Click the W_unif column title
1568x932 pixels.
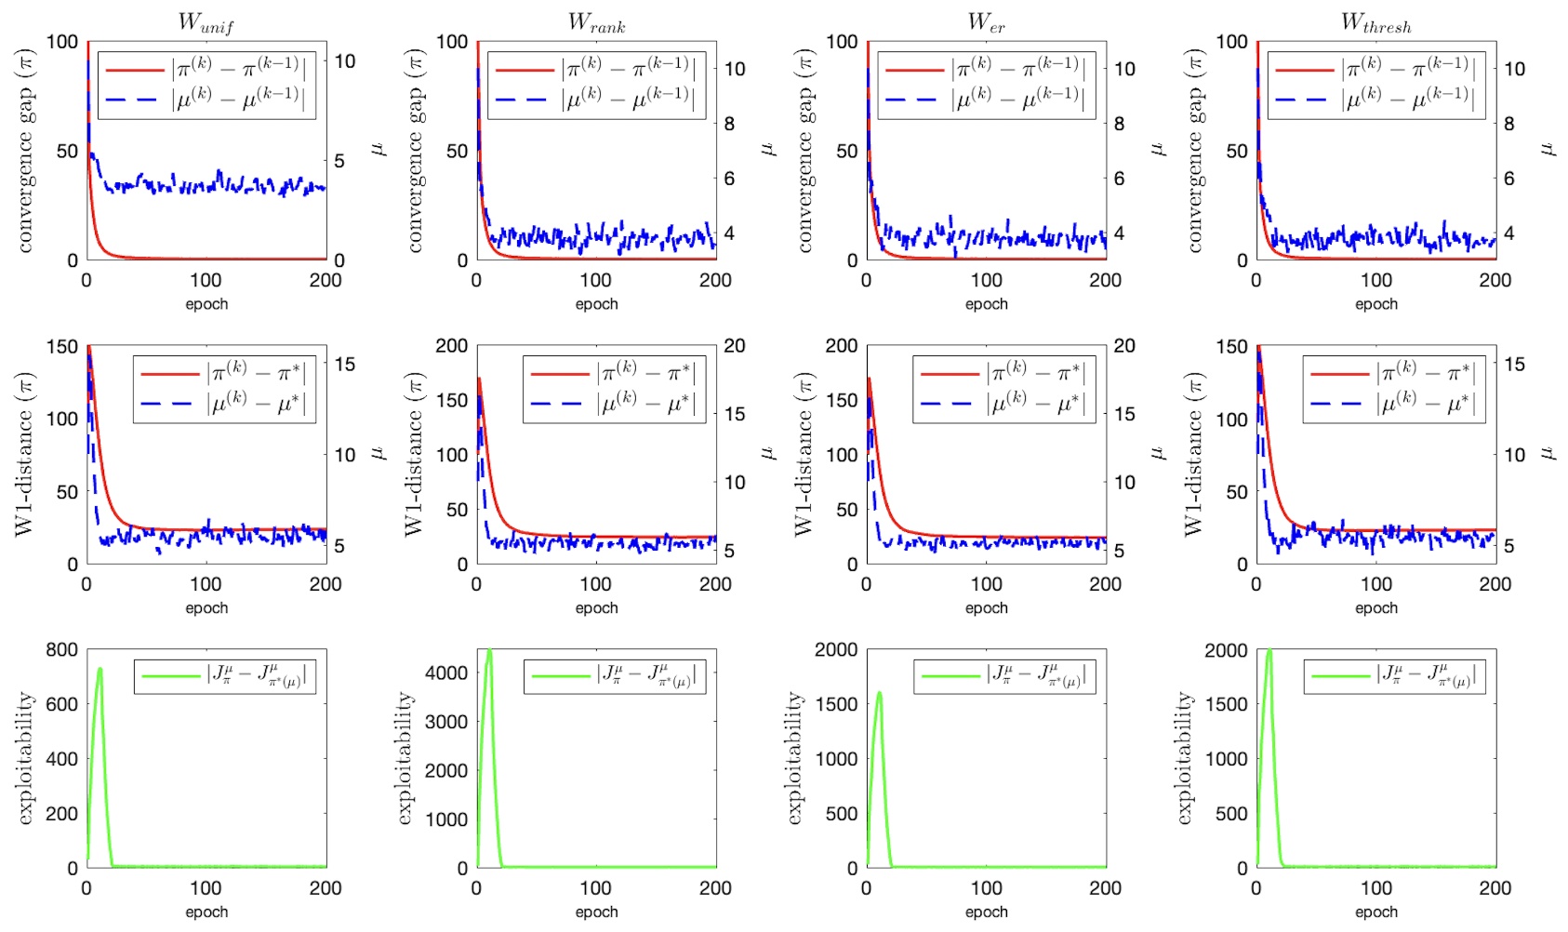[206, 23]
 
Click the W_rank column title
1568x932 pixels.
[596, 23]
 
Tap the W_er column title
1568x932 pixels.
[986, 23]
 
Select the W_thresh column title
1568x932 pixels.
[1375, 23]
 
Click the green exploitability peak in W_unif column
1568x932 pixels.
[100, 669]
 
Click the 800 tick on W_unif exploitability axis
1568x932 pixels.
[61, 649]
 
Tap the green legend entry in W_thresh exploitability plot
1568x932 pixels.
[1339, 676]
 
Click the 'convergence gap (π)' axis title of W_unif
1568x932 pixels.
[25, 151]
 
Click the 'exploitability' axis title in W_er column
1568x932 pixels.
[793, 758]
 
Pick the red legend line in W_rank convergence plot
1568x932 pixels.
[524, 70]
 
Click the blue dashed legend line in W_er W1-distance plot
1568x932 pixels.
[949, 404]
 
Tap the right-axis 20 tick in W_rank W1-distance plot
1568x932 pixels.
[734, 346]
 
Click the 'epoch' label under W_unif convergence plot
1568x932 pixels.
[206, 304]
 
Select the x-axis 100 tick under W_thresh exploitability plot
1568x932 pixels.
[1375, 888]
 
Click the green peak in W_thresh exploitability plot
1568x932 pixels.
[1269, 651]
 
